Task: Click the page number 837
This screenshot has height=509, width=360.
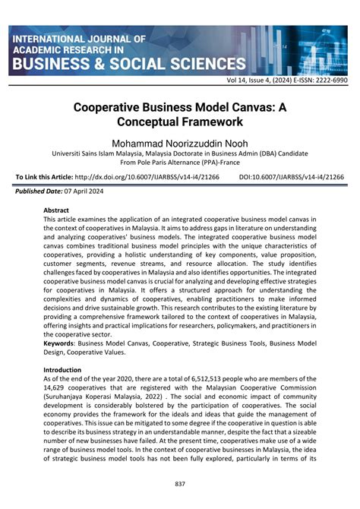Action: (180, 485)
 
